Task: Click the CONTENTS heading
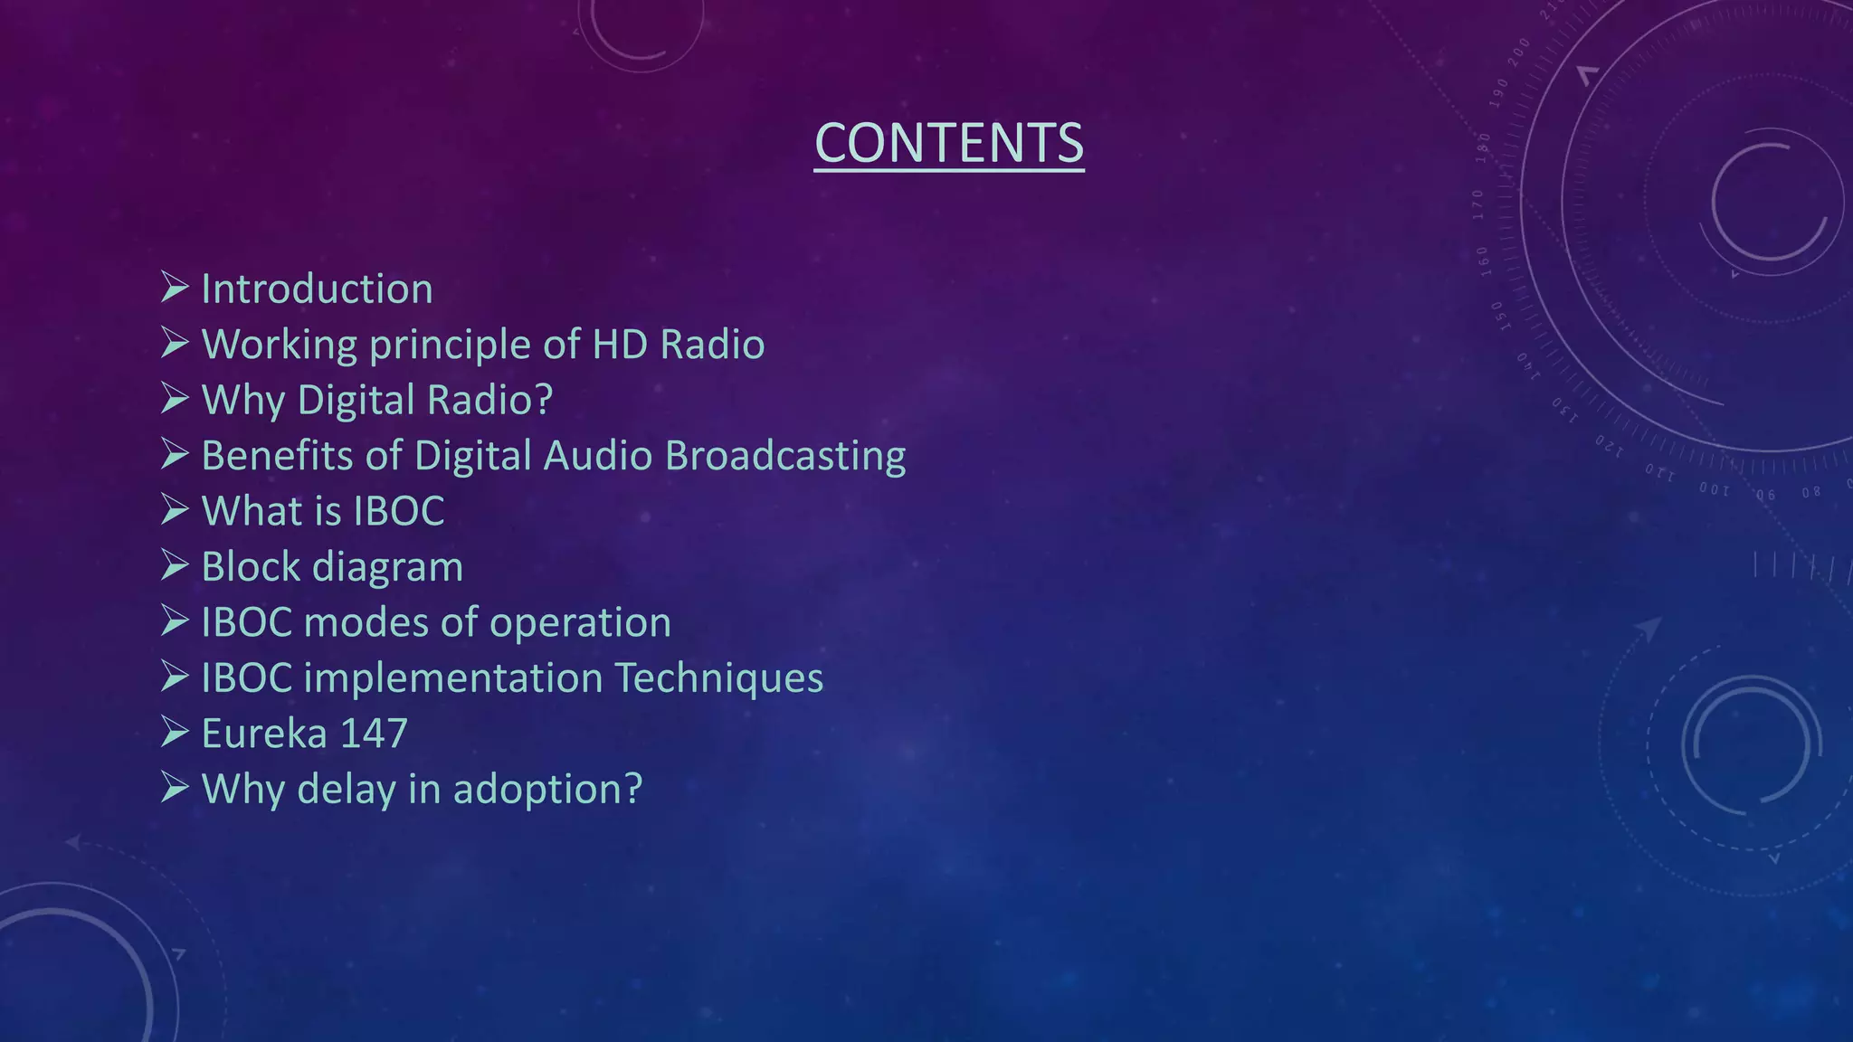[x=948, y=143]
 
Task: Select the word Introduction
[x=317, y=289]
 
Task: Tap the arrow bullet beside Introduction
[x=174, y=288]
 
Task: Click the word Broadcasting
[x=784, y=456]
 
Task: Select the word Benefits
[x=276, y=456]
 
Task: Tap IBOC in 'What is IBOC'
[x=398, y=511]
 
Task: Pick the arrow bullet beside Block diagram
[x=174, y=565]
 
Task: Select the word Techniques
[x=718, y=678]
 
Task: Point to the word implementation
[x=453, y=678]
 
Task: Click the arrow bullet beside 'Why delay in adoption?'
[x=174, y=788]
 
